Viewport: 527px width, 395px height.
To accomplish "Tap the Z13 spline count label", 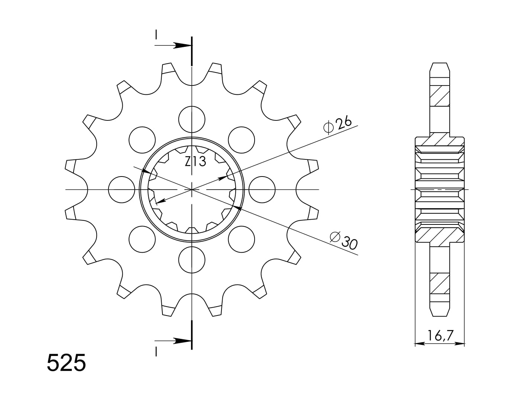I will point(195,161).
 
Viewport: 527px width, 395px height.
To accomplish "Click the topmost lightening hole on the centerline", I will point(192,119).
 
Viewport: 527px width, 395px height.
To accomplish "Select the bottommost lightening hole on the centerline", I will point(192,260).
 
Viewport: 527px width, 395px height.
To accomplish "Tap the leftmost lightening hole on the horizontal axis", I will point(122,190).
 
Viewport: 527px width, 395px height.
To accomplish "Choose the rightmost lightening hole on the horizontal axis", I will point(262,190).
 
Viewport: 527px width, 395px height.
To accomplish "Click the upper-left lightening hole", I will point(142,140).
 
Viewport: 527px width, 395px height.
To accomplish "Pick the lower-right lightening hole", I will point(242,239).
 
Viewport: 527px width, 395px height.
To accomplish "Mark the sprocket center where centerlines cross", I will point(192,190).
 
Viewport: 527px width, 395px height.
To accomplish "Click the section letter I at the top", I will point(156,35).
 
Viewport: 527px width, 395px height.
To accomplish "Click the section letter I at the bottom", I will point(156,351).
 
